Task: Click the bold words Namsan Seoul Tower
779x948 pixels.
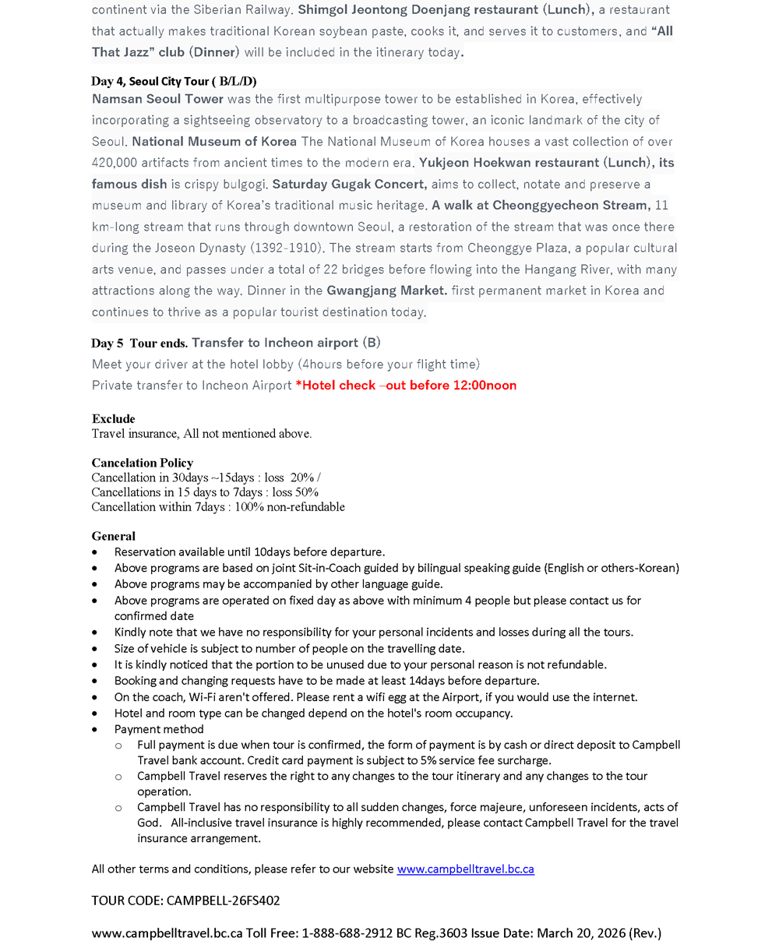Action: [x=157, y=99]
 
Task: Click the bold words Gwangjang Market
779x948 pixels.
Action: [x=386, y=291]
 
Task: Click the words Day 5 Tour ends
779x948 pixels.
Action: [x=139, y=343]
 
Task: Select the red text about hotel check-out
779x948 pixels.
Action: [x=406, y=385]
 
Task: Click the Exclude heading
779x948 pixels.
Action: [x=113, y=419]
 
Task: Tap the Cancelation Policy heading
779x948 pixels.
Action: [x=142, y=463]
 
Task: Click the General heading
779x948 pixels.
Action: [x=113, y=536]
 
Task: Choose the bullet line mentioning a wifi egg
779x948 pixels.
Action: [x=375, y=697]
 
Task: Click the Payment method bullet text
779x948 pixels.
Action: [x=159, y=729]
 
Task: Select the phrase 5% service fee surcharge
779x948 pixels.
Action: [x=481, y=760]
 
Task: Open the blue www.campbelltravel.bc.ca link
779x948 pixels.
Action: [x=465, y=869]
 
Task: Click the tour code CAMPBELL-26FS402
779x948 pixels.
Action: [x=223, y=900]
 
